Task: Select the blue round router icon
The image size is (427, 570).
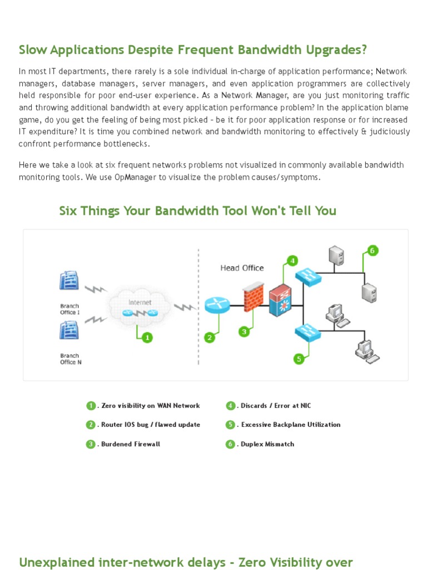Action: coord(217,305)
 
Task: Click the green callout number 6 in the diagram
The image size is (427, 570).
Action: coord(372,250)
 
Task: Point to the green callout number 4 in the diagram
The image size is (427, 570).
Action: coord(292,260)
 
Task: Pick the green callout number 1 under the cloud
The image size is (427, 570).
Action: coord(147,337)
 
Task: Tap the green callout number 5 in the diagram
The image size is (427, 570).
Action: coord(299,359)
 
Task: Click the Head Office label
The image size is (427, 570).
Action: coord(242,268)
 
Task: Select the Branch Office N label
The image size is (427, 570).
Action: coord(69,359)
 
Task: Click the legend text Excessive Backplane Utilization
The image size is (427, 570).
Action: coord(291,425)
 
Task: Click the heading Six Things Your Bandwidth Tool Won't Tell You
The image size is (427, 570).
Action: coord(197,211)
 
